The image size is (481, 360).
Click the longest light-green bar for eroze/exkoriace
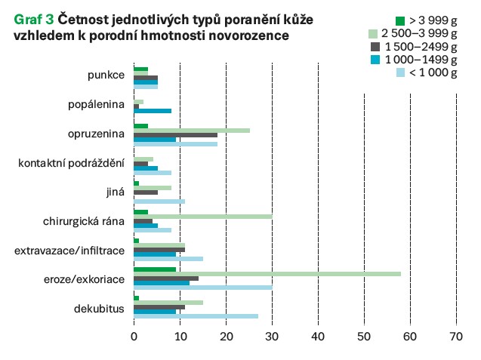[267, 273]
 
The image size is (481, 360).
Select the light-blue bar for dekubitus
[196, 316]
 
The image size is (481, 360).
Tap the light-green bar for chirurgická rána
[202, 215]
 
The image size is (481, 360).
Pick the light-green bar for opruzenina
[191, 130]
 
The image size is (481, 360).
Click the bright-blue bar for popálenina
[153, 111]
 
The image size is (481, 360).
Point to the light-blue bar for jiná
[159, 202]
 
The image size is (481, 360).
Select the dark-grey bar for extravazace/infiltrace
[159, 248]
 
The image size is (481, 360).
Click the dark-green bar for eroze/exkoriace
[154, 269]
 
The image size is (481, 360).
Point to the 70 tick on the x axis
[456, 337]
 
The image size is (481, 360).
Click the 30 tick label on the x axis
[272, 337]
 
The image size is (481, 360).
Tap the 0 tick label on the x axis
[134, 337]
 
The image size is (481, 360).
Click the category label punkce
[105, 75]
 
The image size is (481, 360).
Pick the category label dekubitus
[99, 309]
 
